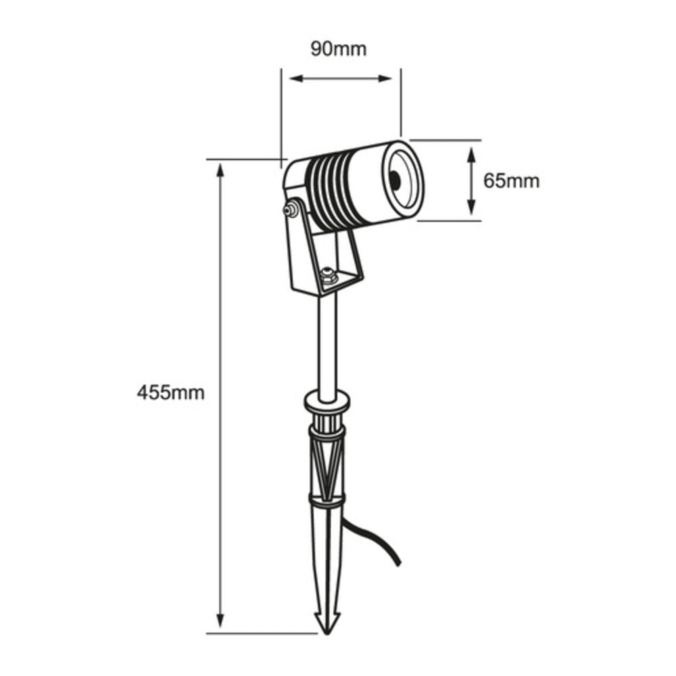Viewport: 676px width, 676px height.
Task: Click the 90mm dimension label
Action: click(x=338, y=49)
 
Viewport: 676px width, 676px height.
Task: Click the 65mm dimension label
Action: click(x=511, y=180)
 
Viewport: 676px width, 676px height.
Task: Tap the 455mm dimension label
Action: click(x=170, y=393)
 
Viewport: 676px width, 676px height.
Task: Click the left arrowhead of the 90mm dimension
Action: click(x=295, y=78)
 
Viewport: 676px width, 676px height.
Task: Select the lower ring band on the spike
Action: click(x=327, y=500)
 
